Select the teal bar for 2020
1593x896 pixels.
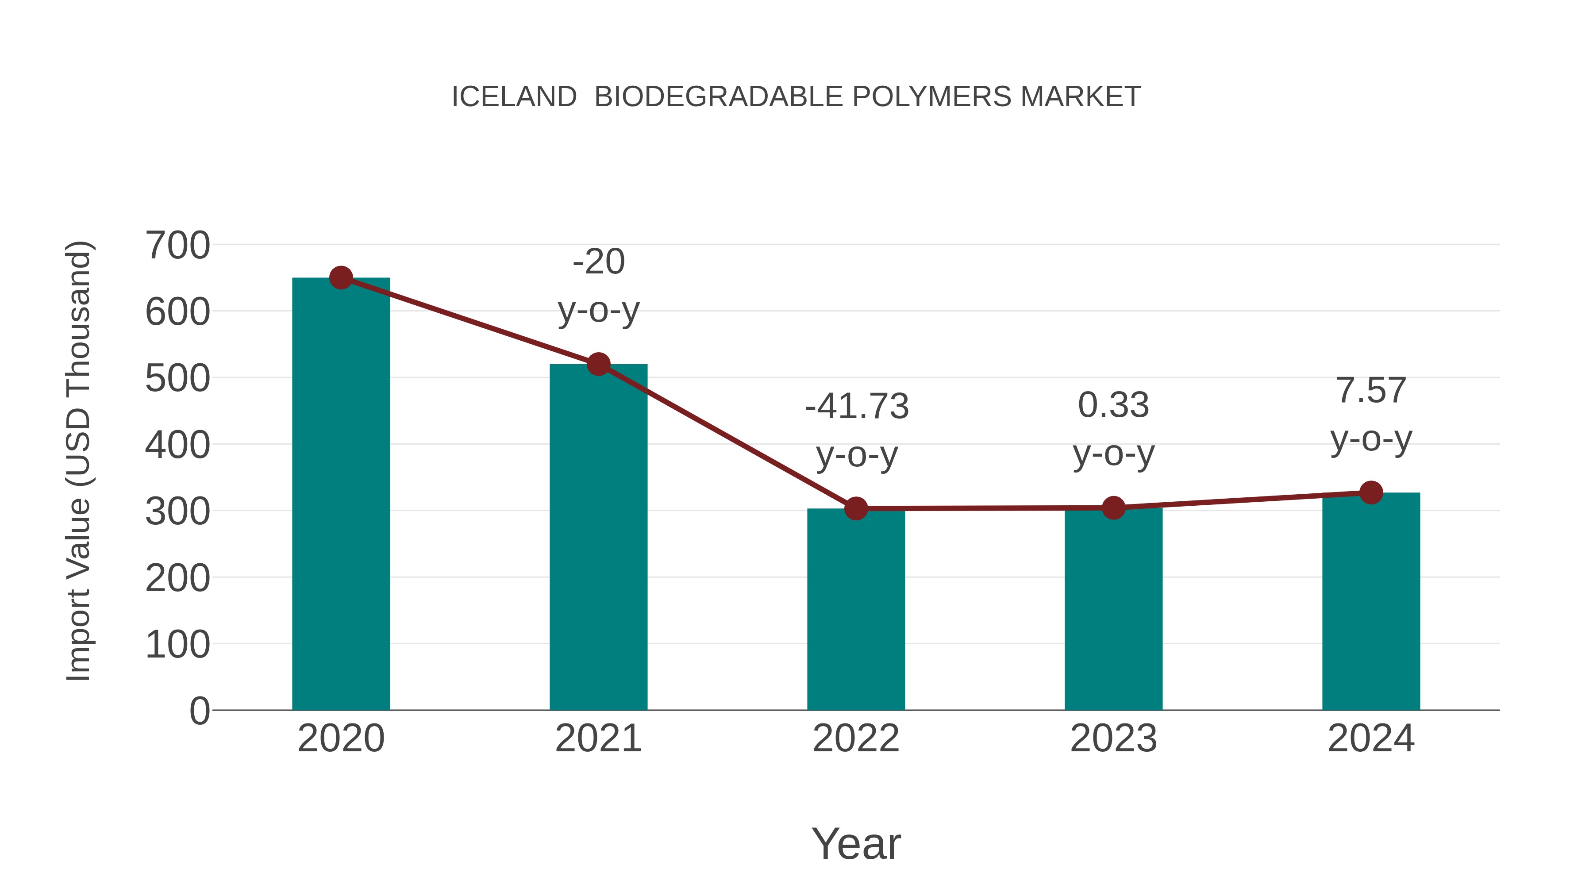click(x=341, y=495)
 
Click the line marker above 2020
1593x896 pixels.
click(x=341, y=278)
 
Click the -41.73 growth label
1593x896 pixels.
click(x=857, y=407)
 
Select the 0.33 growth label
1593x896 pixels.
click(x=1113, y=406)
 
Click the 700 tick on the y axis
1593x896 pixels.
click(x=177, y=246)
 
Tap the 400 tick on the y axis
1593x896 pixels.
click(x=177, y=445)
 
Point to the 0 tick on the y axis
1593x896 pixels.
click(x=199, y=711)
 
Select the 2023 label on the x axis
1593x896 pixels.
click(x=1113, y=738)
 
